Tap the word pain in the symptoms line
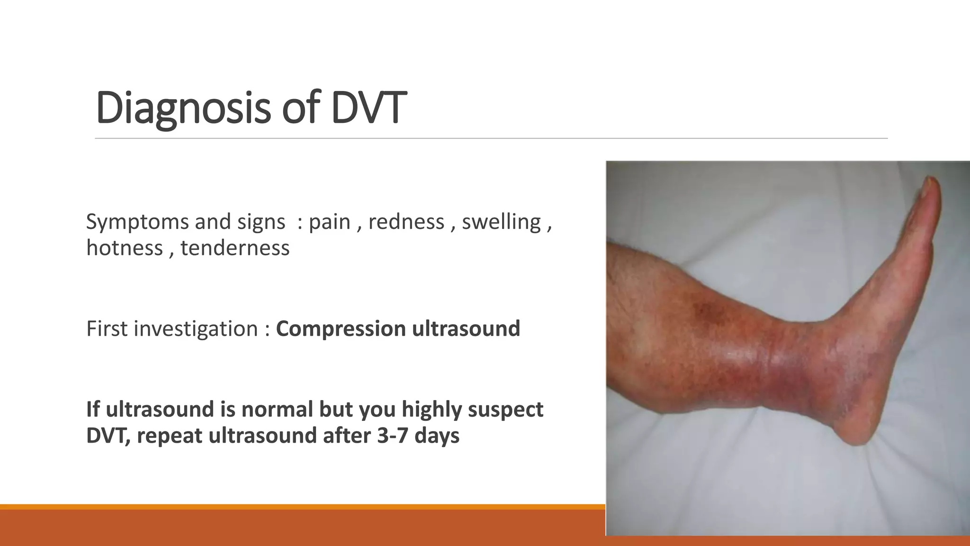coord(329,222)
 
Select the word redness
coord(406,222)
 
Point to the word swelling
coord(501,222)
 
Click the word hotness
coord(125,248)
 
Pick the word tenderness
coord(235,248)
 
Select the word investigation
coord(196,329)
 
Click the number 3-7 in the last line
coord(392,436)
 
